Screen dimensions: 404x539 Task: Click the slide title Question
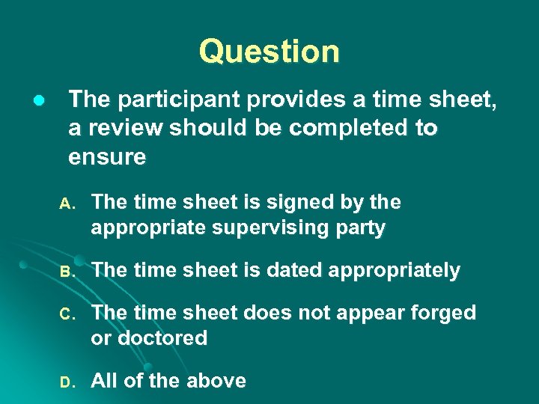tap(269, 52)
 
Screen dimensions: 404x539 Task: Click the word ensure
tap(107, 156)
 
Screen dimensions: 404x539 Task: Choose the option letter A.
tap(66, 203)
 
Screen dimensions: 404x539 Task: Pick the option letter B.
tap(66, 272)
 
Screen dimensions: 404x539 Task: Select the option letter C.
tap(66, 313)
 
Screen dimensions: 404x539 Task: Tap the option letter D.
tap(66, 382)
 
